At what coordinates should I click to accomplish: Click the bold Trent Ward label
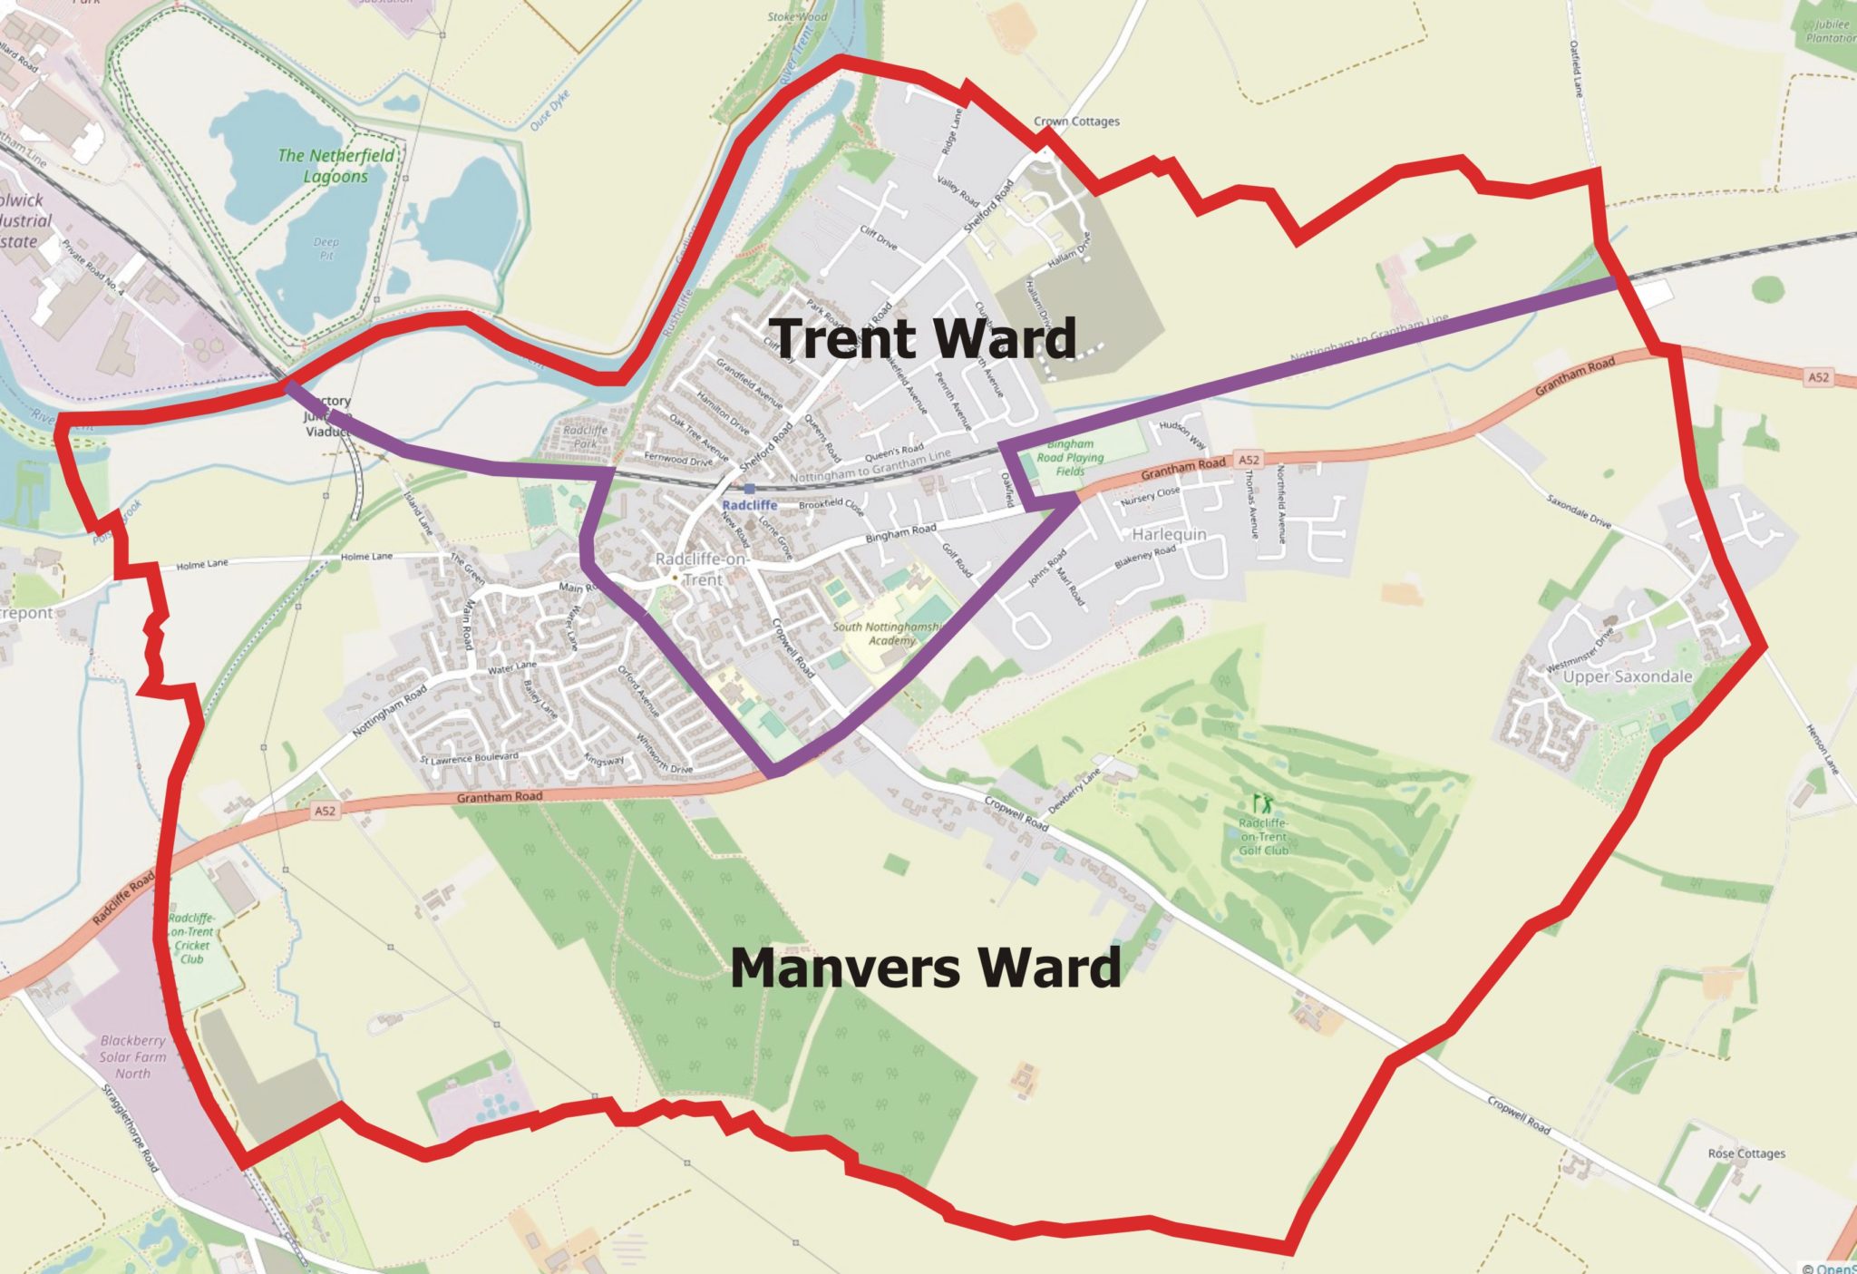(925, 338)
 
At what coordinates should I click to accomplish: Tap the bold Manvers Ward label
(925, 968)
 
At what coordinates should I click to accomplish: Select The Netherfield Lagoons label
(336, 166)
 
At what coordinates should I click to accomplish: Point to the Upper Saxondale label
(1628, 676)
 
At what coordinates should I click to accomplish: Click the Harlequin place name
(1169, 534)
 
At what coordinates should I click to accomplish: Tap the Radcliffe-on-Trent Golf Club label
(1263, 836)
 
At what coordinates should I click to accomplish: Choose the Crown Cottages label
(1076, 122)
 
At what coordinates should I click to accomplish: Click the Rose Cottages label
(1745, 1153)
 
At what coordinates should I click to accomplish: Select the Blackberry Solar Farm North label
(132, 1056)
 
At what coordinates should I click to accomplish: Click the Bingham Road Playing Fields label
(1070, 457)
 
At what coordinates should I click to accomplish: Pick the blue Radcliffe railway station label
(749, 504)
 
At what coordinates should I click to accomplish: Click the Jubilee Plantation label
(1830, 32)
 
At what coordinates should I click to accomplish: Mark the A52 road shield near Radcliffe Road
(326, 812)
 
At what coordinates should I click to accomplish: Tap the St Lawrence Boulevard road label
(470, 757)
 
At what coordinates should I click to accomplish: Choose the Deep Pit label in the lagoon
(326, 248)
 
